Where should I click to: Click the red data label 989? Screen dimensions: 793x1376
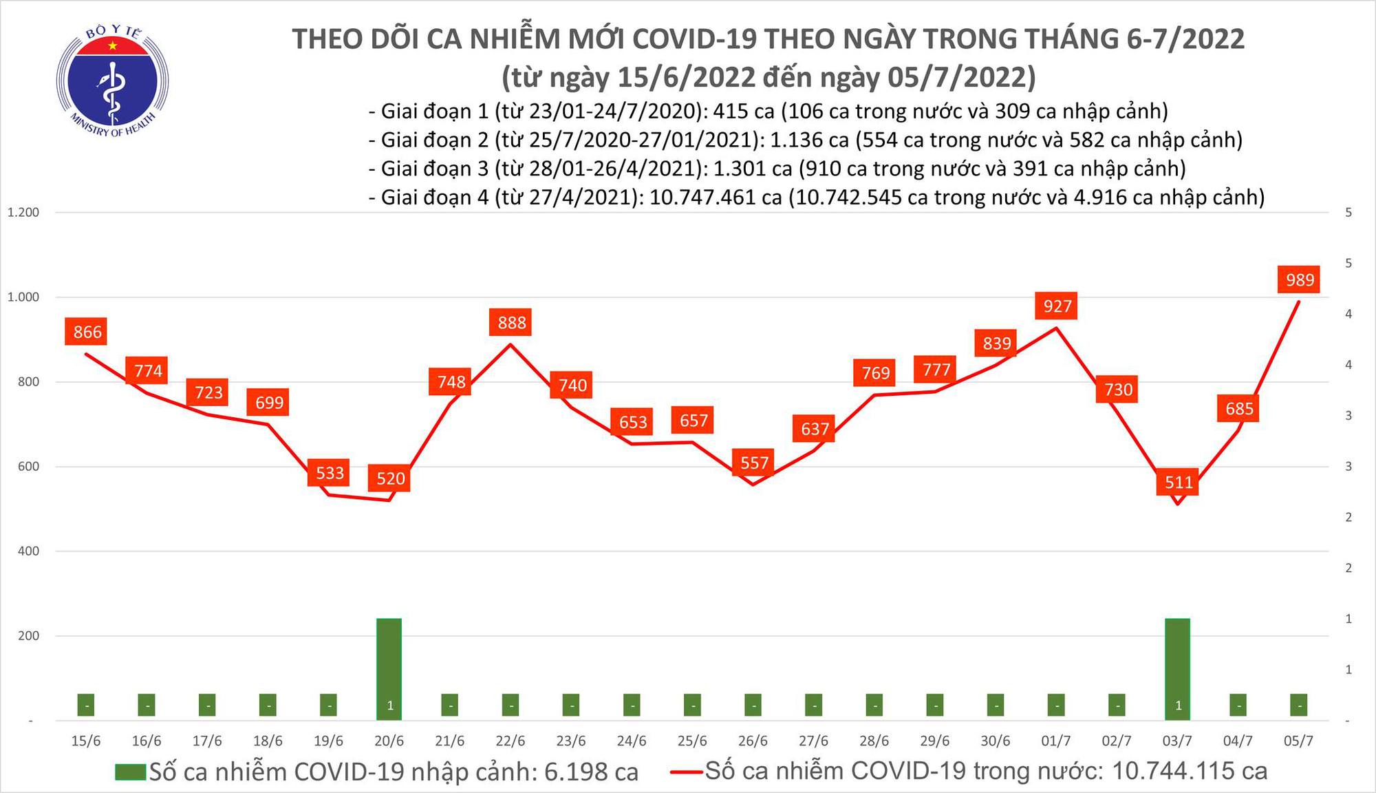(x=1300, y=279)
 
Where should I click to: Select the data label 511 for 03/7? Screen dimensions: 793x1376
(x=1179, y=482)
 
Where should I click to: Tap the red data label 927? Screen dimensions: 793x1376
(x=1057, y=306)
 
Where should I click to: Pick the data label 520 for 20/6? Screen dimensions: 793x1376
(x=390, y=478)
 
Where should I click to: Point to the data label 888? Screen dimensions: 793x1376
(x=511, y=322)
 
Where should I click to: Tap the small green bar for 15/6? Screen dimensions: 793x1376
(x=86, y=705)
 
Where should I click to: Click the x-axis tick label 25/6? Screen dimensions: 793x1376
(x=692, y=741)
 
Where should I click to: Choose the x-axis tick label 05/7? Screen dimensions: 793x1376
(x=1298, y=741)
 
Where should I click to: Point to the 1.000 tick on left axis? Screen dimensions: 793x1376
(x=23, y=297)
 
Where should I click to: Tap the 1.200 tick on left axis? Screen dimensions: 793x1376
(x=23, y=213)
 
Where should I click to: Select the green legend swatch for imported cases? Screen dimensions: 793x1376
(x=131, y=772)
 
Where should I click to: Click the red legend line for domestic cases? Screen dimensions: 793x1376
(x=686, y=772)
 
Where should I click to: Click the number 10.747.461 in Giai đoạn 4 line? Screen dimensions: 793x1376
(x=716, y=198)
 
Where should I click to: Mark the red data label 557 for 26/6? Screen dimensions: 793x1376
(x=754, y=463)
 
